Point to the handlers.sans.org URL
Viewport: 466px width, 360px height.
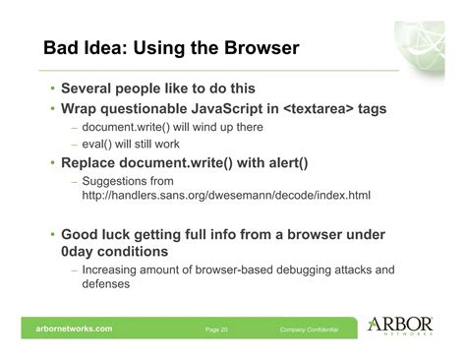click(x=226, y=197)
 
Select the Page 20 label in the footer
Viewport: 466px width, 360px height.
click(x=216, y=329)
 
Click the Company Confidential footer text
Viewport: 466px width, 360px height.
click(x=309, y=329)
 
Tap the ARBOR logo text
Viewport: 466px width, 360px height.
click(x=412, y=323)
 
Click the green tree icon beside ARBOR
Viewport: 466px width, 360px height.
click(x=378, y=324)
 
